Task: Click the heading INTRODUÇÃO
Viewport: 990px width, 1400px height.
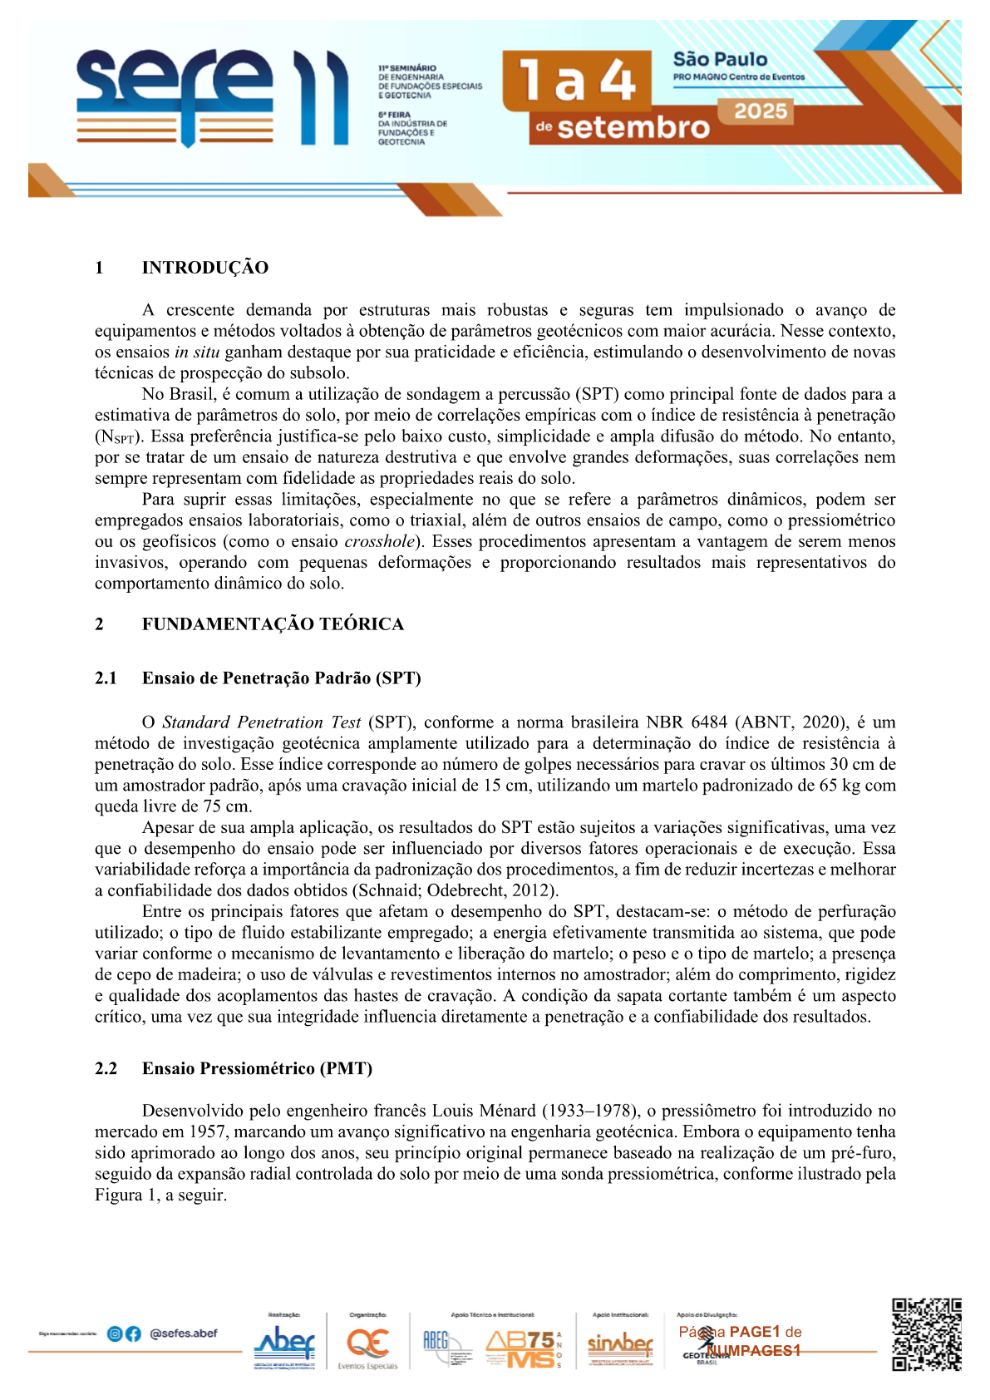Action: pyautogui.click(x=204, y=268)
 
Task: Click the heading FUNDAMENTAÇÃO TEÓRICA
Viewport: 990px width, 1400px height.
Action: pyautogui.click(x=273, y=624)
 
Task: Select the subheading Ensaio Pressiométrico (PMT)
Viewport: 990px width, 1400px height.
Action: pyautogui.click(x=257, y=1068)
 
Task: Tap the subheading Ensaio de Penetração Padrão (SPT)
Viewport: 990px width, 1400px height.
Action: pyautogui.click(x=281, y=678)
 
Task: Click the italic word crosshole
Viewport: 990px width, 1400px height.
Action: pyautogui.click(x=379, y=542)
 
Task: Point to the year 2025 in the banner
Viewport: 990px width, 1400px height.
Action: pyautogui.click(x=760, y=111)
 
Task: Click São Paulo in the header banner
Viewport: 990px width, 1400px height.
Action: pyautogui.click(x=720, y=60)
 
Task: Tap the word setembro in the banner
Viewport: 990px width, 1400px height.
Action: pyautogui.click(x=633, y=128)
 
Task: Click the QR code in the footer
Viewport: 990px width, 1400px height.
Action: pyautogui.click(x=926, y=1334)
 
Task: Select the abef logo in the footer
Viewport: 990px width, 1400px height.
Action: pyautogui.click(x=283, y=1342)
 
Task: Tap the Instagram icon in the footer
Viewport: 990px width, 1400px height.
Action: pyautogui.click(x=115, y=1333)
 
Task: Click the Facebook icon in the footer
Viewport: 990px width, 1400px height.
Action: pyautogui.click(x=133, y=1333)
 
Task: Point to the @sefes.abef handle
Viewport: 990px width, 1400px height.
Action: pyautogui.click(x=183, y=1333)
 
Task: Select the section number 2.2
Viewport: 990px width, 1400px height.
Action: pyautogui.click(x=106, y=1068)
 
